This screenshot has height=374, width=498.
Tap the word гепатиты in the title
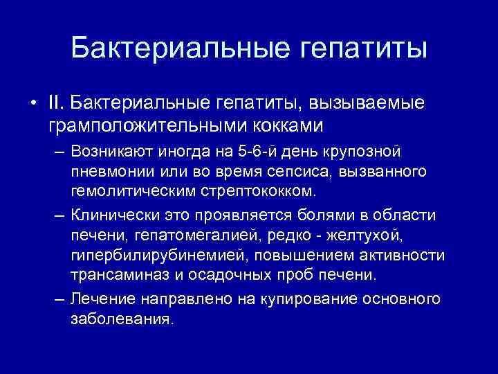coord(364,49)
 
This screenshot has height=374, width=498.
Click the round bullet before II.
coord(33,105)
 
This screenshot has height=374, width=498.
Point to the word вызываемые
coord(366,104)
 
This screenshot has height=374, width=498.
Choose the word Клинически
coord(112,216)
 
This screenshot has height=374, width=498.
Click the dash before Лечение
coord(58,299)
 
